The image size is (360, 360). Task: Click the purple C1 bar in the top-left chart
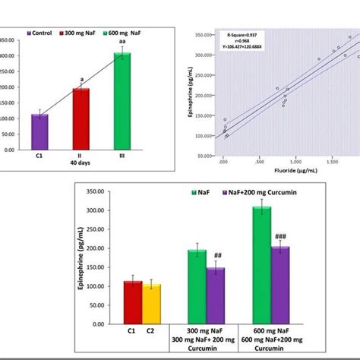tap(39, 132)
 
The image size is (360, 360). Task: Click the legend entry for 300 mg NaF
tap(78, 34)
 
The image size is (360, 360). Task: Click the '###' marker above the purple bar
tap(283, 235)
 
